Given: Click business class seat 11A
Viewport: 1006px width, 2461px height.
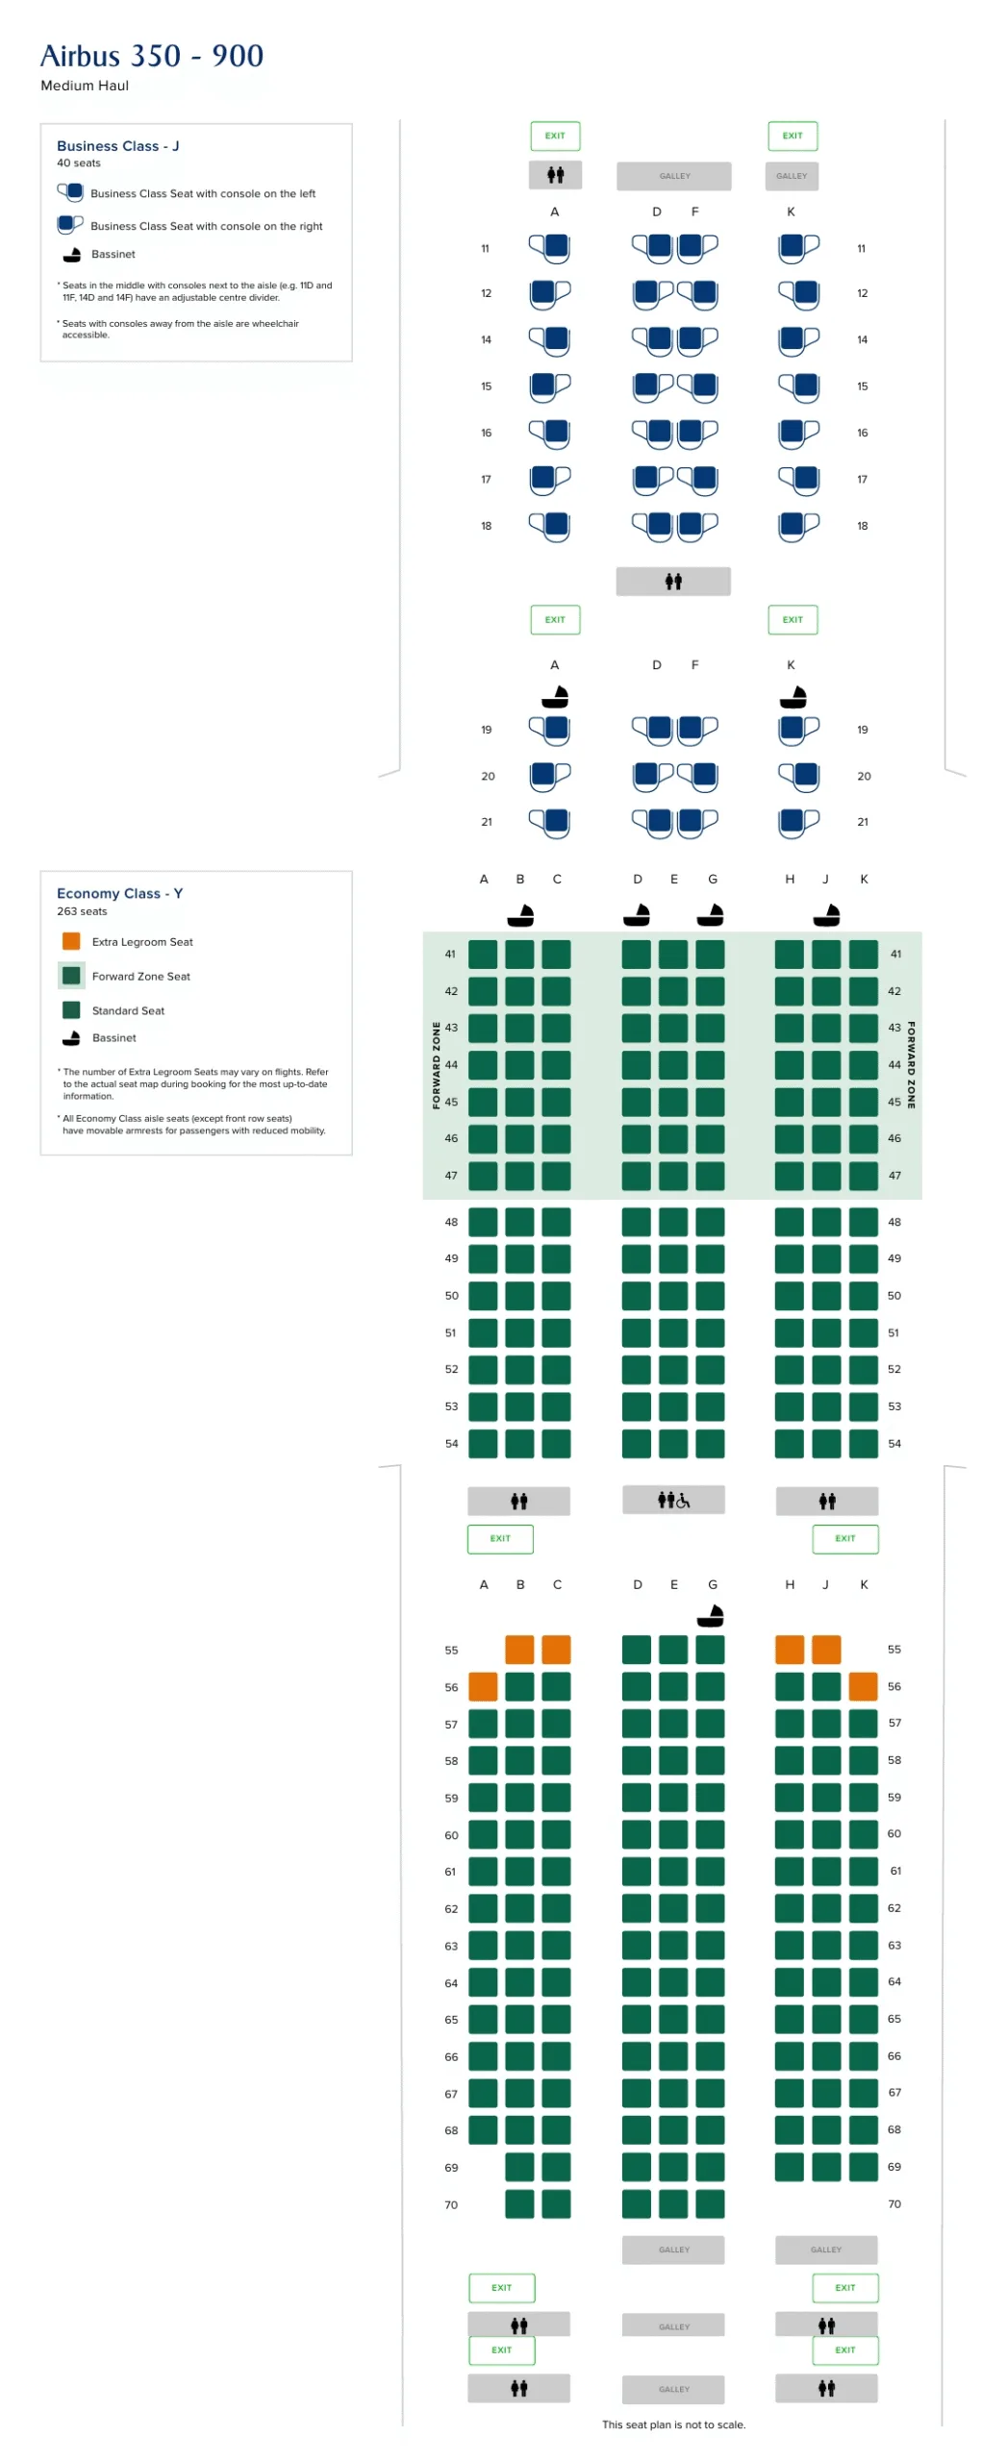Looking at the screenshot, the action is [549, 247].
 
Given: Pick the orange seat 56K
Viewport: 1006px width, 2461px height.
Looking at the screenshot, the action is [863, 1685].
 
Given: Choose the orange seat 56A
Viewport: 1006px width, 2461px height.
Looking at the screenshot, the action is [483, 1685].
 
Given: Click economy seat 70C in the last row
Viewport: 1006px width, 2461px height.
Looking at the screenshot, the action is [556, 2202].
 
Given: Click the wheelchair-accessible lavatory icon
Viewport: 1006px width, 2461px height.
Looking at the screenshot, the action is [673, 1499].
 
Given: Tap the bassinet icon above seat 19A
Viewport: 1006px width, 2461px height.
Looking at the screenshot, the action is [555, 695].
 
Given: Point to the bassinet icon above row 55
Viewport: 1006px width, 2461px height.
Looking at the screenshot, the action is [710, 1615].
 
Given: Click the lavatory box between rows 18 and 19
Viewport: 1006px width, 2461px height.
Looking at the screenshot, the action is [673, 581].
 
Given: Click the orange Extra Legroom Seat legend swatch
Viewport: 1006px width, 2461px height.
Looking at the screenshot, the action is [71, 940].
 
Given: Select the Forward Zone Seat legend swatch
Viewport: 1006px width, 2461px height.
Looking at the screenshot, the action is [71, 975].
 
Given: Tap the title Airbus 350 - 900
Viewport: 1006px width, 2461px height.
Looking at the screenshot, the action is [152, 56].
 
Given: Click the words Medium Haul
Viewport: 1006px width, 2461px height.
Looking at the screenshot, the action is [85, 86].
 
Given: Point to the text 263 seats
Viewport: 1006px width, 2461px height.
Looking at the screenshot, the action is [82, 910].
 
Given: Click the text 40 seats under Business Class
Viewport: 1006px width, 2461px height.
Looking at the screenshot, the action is [79, 162].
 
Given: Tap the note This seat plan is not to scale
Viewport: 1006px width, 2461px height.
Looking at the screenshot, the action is [673, 2424].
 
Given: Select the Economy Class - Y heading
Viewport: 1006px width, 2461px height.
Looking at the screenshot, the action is [119, 892].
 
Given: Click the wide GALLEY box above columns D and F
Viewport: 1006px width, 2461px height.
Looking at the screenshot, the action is [674, 176].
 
